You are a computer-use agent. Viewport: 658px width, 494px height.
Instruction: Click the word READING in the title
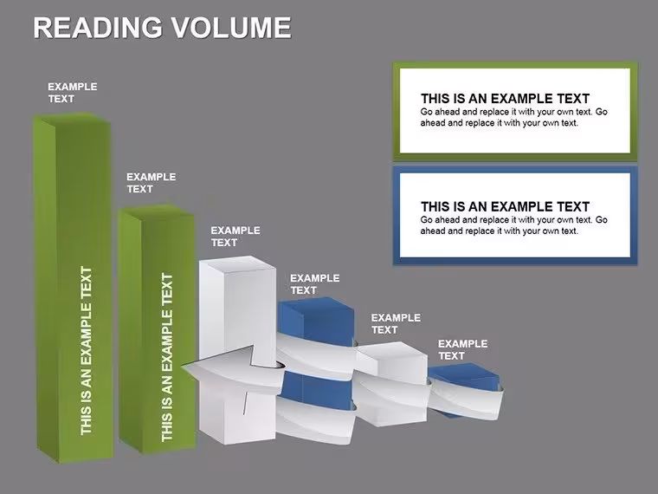[97, 28]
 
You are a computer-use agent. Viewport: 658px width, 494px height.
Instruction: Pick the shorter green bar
[157, 329]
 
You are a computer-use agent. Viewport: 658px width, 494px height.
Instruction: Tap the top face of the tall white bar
[237, 264]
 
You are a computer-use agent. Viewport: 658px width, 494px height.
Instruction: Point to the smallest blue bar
[464, 389]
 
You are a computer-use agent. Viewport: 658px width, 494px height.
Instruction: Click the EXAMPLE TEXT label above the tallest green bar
[72, 93]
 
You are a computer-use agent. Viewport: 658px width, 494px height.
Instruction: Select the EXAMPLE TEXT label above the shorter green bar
[151, 183]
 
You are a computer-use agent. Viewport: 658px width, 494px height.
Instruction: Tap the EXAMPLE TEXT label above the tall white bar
[235, 237]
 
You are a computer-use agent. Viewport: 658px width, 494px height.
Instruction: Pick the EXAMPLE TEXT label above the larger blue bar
[315, 284]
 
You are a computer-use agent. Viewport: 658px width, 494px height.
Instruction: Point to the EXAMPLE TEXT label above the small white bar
[396, 324]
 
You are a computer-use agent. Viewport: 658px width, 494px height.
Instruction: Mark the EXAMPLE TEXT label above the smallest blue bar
[463, 350]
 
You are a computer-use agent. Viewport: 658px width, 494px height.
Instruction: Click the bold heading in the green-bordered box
[506, 99]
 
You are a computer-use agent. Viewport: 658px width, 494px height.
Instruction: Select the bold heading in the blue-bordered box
[506, 206]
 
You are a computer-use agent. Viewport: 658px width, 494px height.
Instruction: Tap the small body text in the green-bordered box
[514, 118]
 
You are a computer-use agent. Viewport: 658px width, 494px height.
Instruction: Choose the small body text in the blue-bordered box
[514, 225]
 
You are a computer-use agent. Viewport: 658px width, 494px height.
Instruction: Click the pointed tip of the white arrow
[182, 367]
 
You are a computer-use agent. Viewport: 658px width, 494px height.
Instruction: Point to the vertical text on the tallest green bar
[86, 351]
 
